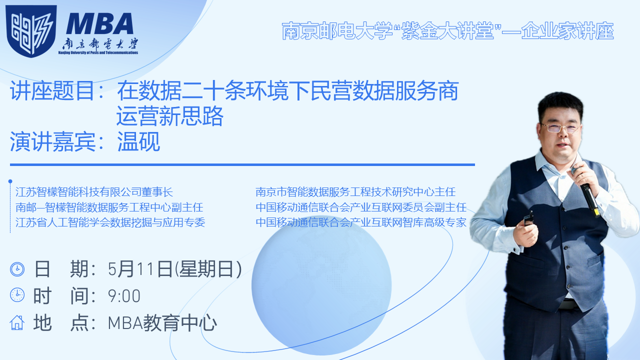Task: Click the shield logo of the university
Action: [31, 30]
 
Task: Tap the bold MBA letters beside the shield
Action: [99, 24]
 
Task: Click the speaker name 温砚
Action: [138, 141]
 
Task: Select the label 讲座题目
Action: [52, 90]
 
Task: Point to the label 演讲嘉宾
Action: [52, 141]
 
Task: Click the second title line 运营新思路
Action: [169, 116]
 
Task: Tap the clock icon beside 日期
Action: [17, 269]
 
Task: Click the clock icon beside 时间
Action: [17, 295]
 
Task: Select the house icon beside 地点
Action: [17, 322]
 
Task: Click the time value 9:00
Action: [124, 296]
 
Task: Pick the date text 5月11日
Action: [140, 269]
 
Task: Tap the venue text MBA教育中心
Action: [162, 323]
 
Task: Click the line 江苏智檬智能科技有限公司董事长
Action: [94, 192]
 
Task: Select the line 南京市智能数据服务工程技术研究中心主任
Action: [355, 192]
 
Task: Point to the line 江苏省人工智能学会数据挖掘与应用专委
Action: [110, 222]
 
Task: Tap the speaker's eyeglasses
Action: [560, 128]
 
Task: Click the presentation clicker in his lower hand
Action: [528, 218]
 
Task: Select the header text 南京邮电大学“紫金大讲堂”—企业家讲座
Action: [447, 31]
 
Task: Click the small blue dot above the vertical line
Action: [10, 181]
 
